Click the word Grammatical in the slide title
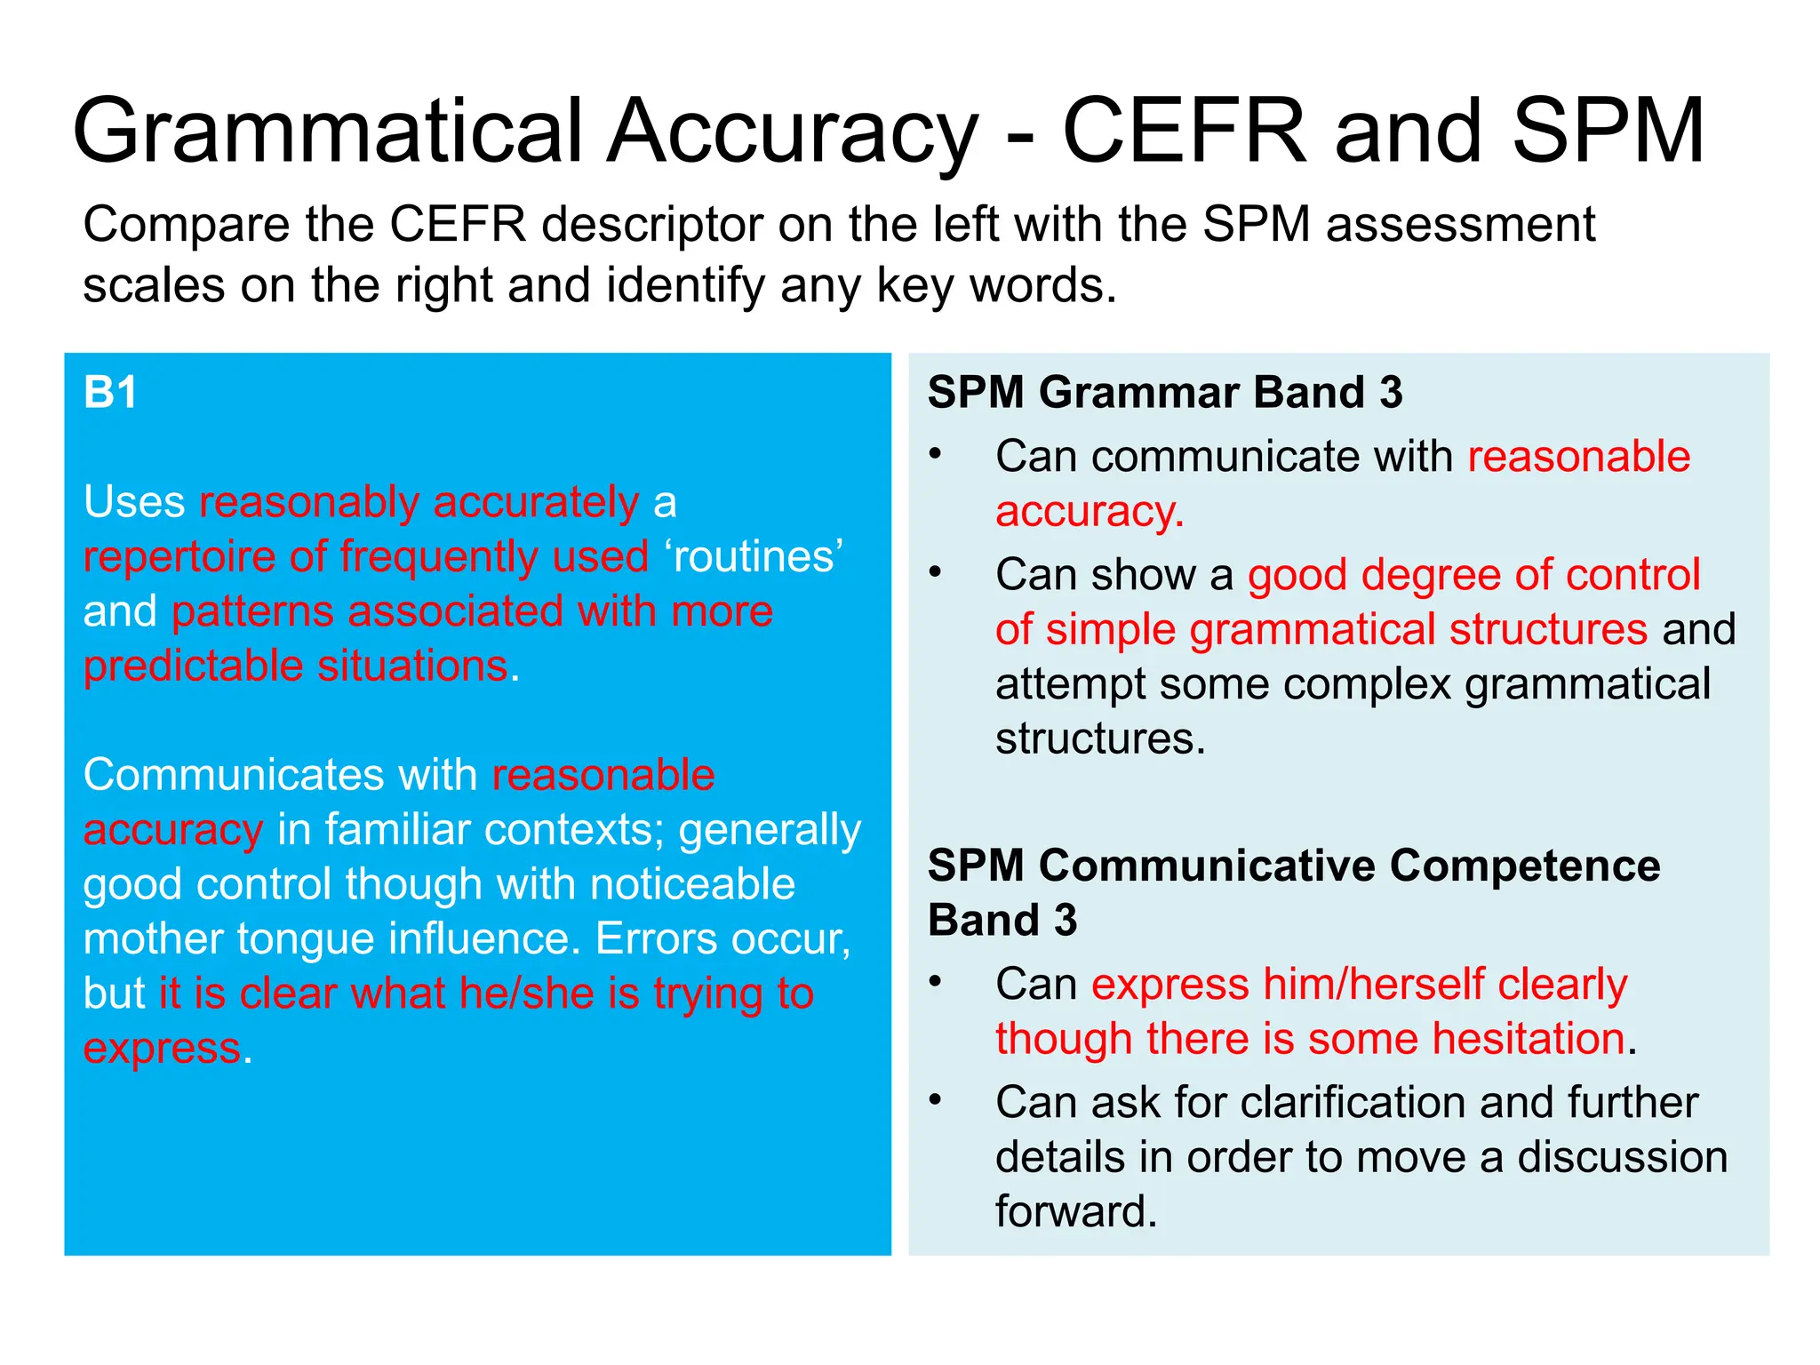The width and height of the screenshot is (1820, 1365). (x=327, y=132)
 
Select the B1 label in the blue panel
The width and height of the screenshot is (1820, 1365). (x=110, y=392)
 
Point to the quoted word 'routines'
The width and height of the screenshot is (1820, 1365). (x=754, y=557)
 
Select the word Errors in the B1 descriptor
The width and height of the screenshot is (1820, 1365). (x=655, y=938)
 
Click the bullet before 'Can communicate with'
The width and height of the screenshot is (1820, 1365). (x=935, y=454)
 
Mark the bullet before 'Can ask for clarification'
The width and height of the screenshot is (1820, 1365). (x=935, y=1100)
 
